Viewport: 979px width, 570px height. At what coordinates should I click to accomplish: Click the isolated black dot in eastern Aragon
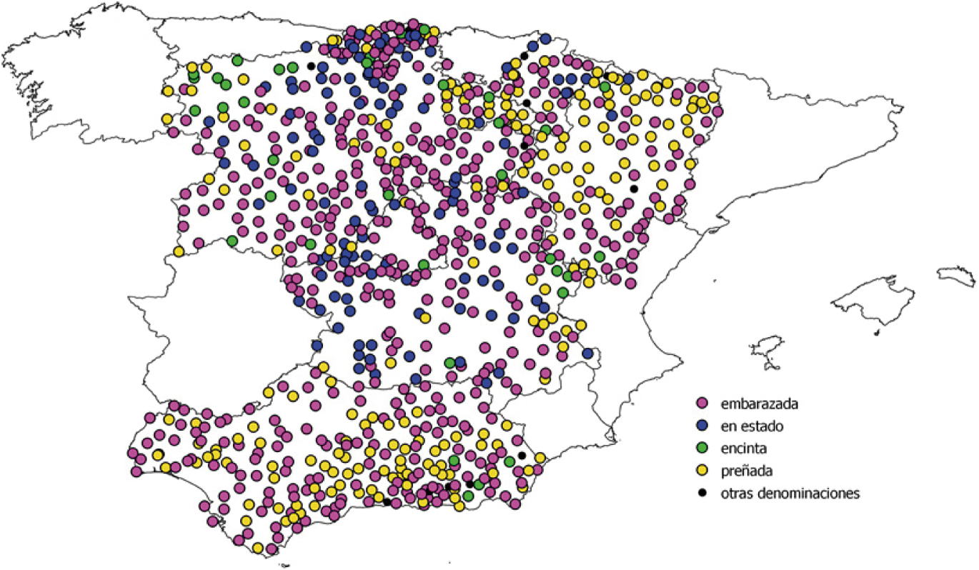(633, 189)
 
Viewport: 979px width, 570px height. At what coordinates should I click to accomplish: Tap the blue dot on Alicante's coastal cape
(587, 353)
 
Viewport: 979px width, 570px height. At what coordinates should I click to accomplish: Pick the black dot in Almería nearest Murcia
(522, 455)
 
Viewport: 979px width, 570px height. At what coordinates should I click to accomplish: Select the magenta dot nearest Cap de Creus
(717, 111)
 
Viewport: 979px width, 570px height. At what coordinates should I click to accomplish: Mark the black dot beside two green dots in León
(310, 66)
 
